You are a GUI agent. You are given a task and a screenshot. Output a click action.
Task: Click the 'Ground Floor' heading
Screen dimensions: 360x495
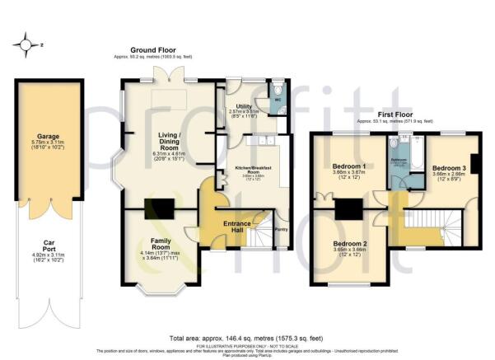[x=154, y=51]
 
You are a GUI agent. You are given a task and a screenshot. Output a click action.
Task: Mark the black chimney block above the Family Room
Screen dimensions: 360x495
[x=155, y=210]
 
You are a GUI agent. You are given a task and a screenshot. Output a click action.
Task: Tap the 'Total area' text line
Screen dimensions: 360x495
[x=247, y=339]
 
